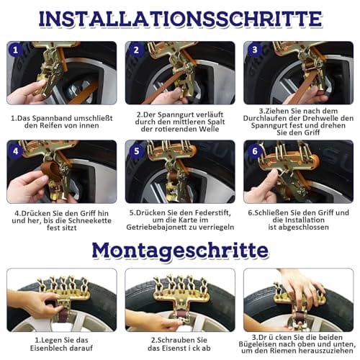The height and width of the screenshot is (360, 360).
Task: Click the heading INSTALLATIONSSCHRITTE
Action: click(x=180, y=19)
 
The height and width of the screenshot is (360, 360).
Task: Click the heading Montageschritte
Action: click(x=180, y=251)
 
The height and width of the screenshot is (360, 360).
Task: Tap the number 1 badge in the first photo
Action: click(x=16, y=50)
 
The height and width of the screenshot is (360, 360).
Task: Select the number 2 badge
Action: click(x=136, y=50)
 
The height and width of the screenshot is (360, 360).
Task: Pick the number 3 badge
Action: click(x=254, y=50)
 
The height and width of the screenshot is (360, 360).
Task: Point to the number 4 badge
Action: click(x=16, y=151)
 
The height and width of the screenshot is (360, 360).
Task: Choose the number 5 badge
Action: click(x=136, y=151)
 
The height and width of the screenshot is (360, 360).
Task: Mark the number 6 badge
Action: click(x=254, y=151)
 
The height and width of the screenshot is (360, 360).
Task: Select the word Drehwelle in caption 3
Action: click(x=322, y=118)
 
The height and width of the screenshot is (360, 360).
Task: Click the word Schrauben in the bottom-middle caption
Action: click(x=176, y=341)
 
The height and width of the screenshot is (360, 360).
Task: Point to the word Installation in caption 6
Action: click(x=298, y=220)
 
